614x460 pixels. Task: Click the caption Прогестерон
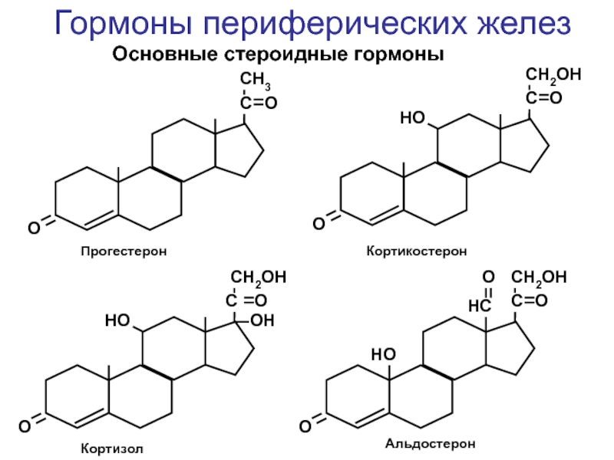point(124,251)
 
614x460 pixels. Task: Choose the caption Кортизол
point(112,447)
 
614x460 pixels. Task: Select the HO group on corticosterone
point(413,118)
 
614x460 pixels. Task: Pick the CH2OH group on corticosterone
point(553,75)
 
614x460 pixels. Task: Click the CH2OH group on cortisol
point(258,278)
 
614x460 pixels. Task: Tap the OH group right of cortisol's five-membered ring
point(262,319)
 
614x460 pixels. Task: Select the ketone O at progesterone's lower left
point(34,226)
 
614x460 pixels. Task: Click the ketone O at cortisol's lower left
point(25,423)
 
